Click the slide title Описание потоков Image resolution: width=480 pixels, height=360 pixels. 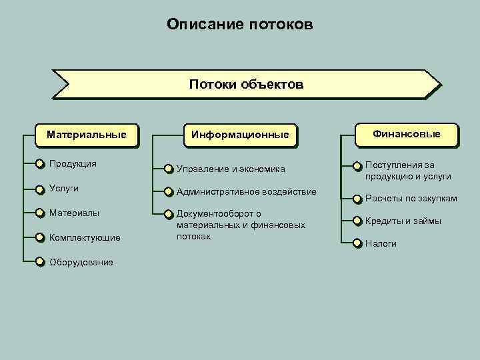[x=239, y=25]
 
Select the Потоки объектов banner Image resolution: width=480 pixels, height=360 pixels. [x=246, y=85]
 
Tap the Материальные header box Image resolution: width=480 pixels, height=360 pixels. [x=86, y=135]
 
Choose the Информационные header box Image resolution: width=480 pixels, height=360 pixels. [x=239, y=135]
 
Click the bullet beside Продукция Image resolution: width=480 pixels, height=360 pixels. [x=40, y=164]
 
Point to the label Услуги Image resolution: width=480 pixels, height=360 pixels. [x=64, y=189]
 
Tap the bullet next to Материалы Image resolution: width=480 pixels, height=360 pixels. [x=40, y=213]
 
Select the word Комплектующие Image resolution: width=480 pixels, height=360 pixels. [x=85, y=237]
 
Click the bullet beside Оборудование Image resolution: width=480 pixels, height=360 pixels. [x=40, y=261]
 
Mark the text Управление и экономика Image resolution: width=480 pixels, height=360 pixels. [x=231, y=169]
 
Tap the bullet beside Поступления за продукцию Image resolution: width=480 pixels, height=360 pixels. [x=357, y=165]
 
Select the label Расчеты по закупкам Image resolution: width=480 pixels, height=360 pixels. [x=411, y=199]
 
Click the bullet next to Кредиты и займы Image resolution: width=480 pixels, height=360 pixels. [x=357, y=221]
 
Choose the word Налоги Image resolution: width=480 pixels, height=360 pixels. [x=381, y=244]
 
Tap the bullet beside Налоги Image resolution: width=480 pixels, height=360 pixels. [x=357, y=243]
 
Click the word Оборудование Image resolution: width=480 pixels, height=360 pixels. [x=81, y=262]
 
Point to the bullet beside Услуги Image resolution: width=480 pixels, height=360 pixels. [x=40, y=189]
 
